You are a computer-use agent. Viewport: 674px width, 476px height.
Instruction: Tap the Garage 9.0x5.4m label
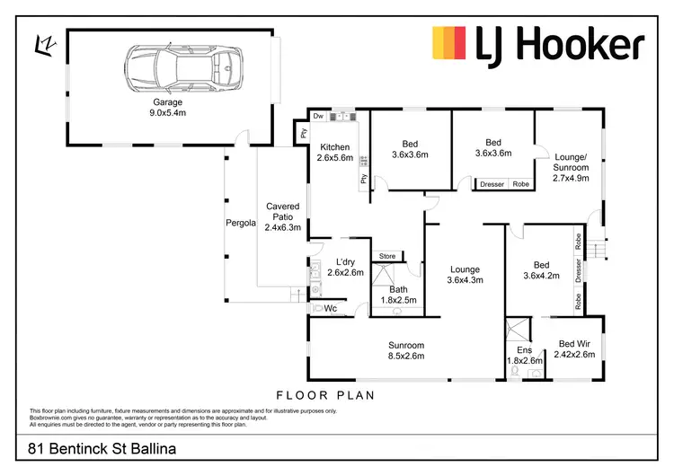coord(167,108)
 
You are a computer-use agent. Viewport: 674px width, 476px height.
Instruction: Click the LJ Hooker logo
coord(538,44)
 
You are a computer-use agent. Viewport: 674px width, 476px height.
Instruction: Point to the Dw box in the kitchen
coord(318,117)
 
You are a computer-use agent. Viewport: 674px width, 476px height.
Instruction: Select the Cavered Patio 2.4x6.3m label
coord(282,217)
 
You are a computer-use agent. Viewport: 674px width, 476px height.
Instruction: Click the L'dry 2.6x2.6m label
coord(345,267)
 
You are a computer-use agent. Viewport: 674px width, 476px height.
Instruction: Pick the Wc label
coord(330,308)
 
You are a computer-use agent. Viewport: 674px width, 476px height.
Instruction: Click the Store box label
coord(387,256)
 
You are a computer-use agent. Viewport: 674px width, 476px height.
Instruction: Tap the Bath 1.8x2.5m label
coord(398,295)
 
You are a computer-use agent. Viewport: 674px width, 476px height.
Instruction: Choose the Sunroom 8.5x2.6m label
coord(405,350)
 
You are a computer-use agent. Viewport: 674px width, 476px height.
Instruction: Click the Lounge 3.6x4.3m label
coord(465,275)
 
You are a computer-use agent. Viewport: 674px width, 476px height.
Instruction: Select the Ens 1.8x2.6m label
coord(525,356)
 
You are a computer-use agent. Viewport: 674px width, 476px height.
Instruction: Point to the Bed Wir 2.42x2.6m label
coord(574,349)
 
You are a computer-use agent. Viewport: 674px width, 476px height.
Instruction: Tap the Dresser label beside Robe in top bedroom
coord(492,184)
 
